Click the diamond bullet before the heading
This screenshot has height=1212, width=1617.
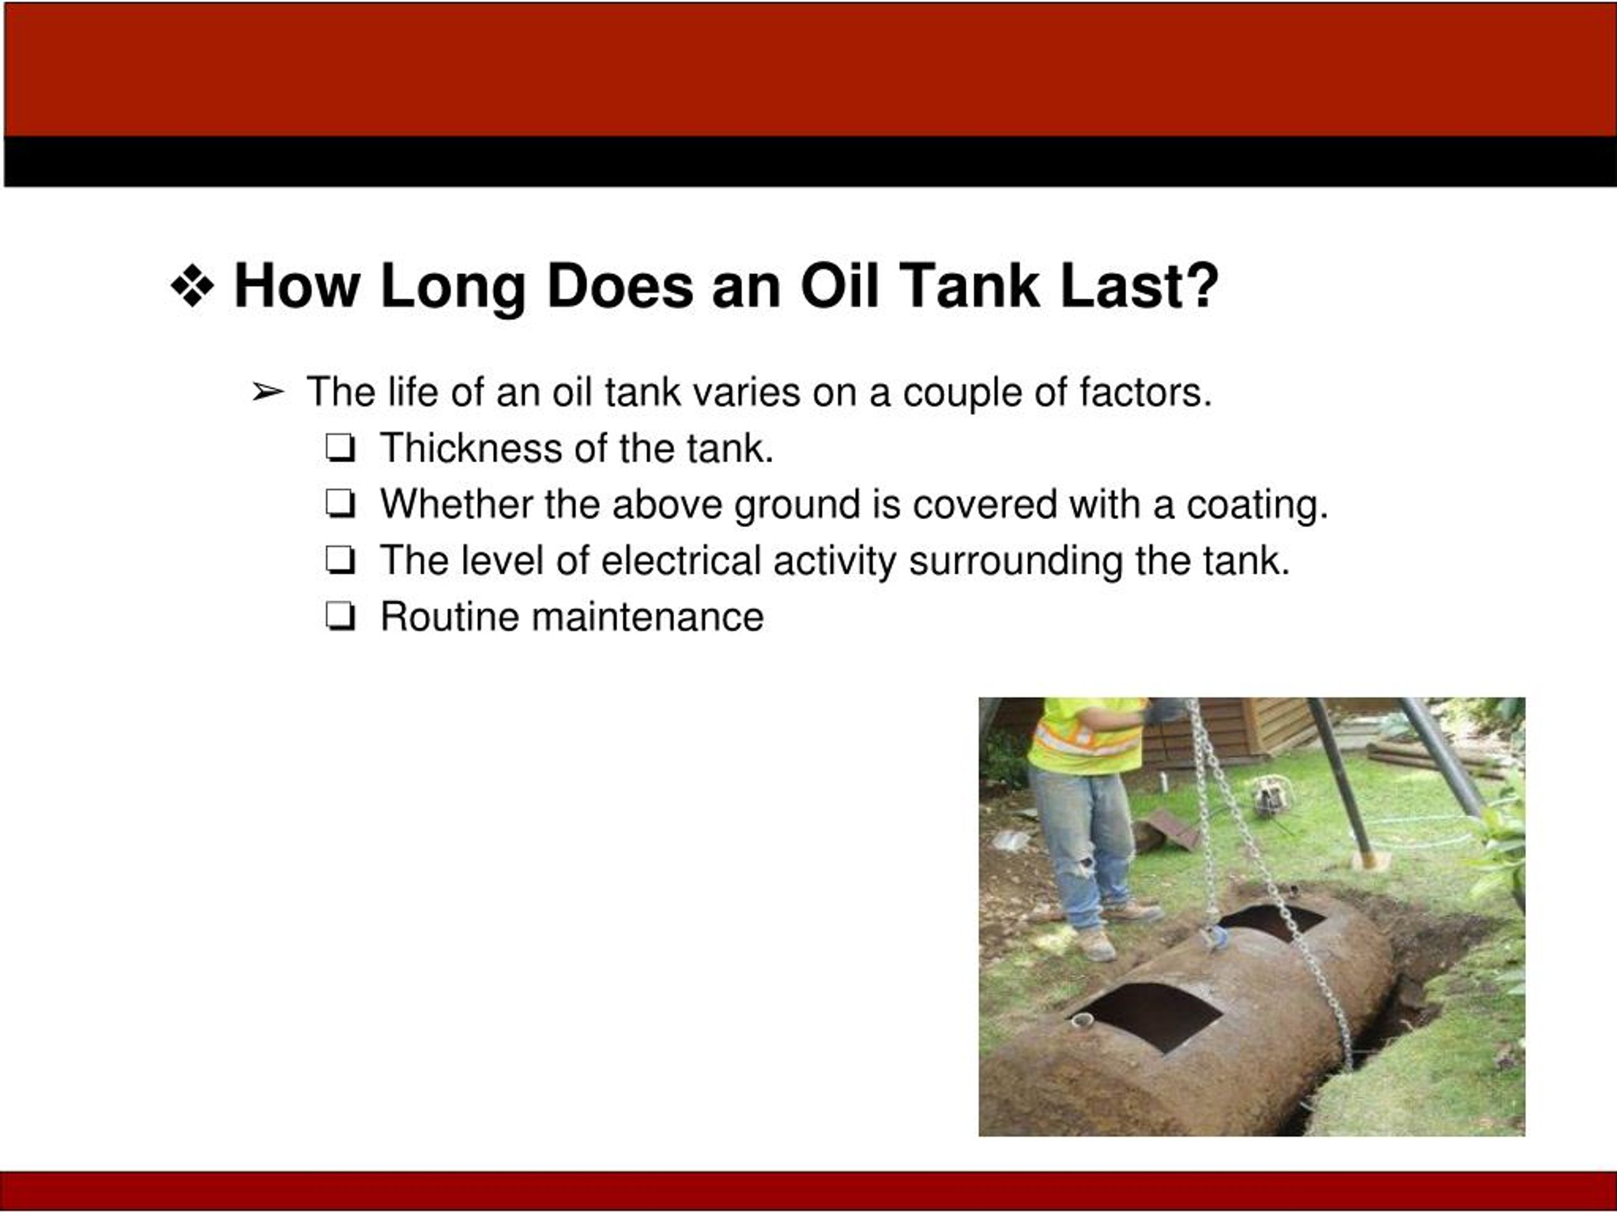192,286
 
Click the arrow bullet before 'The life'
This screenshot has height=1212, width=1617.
268,393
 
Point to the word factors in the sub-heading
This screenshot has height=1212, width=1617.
1146,393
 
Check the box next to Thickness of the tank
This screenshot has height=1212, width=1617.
340,449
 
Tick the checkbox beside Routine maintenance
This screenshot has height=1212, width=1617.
340,617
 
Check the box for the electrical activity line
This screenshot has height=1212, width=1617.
340,561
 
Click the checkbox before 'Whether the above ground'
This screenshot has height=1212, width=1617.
340,505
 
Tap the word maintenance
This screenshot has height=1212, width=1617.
647,617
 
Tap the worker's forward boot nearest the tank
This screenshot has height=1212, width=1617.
1097,945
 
